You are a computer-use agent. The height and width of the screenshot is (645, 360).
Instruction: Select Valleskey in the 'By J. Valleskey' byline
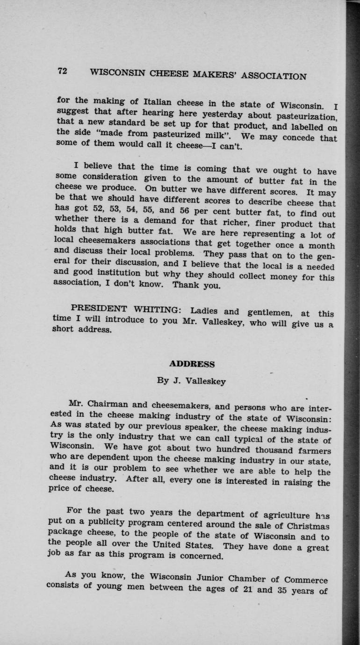(x=206, y=381)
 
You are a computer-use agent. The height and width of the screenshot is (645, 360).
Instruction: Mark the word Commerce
(x=304, y=580)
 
